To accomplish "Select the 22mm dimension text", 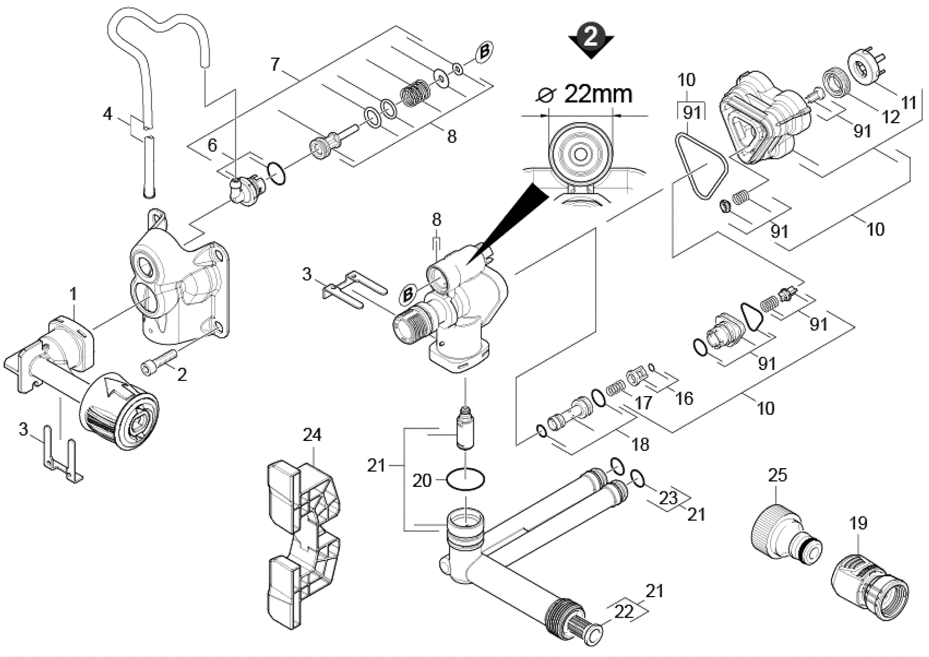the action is point(599,95).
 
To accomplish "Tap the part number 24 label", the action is point(312,435).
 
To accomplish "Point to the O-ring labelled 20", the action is point(465,480).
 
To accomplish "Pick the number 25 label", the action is point(777,475).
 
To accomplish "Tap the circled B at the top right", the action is point(484,53).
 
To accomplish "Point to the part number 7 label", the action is point(275,64).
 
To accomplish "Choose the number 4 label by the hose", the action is point(107,114).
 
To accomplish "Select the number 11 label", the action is point(908,102).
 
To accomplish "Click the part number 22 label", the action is point(624,611).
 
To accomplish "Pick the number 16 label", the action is point(685,398).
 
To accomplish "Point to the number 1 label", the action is point(73,295).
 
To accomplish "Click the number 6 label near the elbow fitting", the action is point(213,145).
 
